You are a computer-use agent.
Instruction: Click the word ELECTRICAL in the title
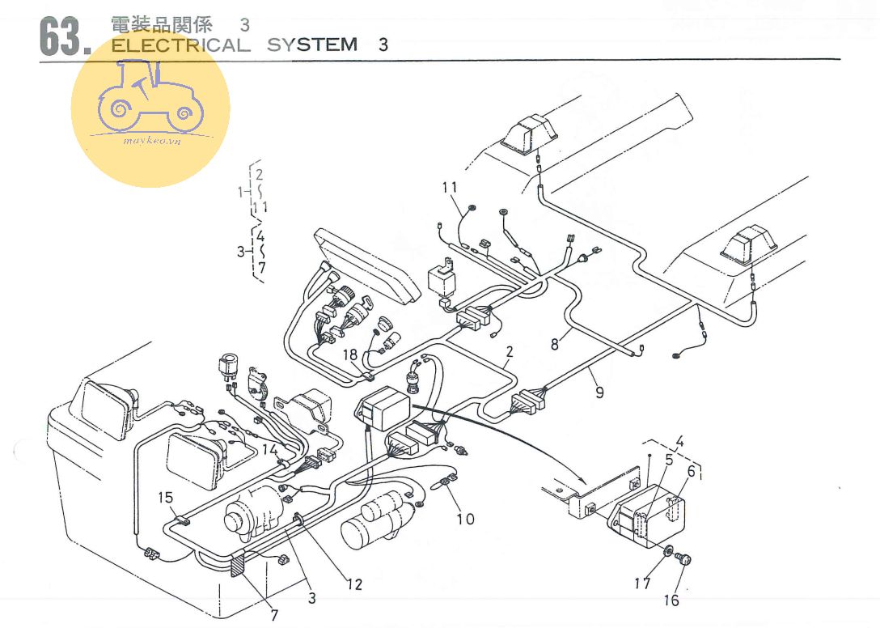[x=180, y=45]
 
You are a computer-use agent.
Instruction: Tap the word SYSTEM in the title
[x=312, y=45]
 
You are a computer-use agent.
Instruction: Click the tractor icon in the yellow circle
[x=150, y=98]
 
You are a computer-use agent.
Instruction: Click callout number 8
[x=555, y=343]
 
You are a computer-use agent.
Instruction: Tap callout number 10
[x=465, y=518]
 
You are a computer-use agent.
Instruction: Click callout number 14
[x=269, y=449]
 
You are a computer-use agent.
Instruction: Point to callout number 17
[x=642, y=583]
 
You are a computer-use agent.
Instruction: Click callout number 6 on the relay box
[x=691, y=470]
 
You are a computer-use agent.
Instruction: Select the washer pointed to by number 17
[x=670, y=552]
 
